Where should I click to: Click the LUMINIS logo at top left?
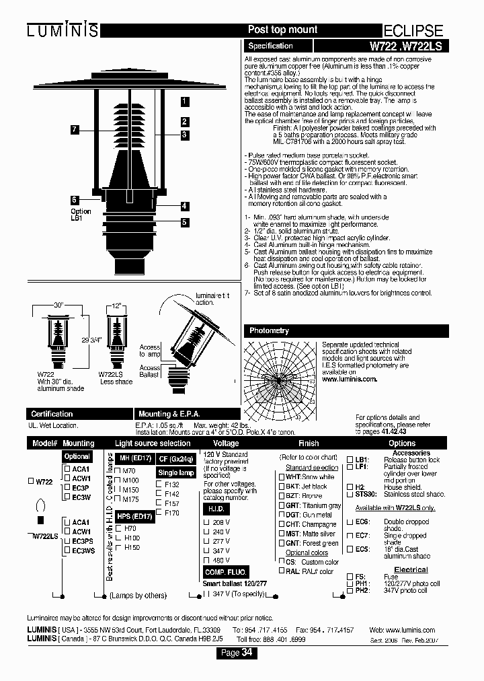pos(63,30)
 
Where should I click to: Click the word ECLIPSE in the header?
pos(413,31)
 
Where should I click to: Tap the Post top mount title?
pos(282,30)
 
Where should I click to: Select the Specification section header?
pos(270,46)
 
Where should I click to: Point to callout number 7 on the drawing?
pos(75,129)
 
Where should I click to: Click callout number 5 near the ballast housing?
pos(183,221)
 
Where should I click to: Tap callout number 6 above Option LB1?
pos(75,199)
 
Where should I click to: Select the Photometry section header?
pos(269,330)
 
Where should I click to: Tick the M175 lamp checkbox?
pos(117,499)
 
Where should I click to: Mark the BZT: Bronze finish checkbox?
pos(281,495)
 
